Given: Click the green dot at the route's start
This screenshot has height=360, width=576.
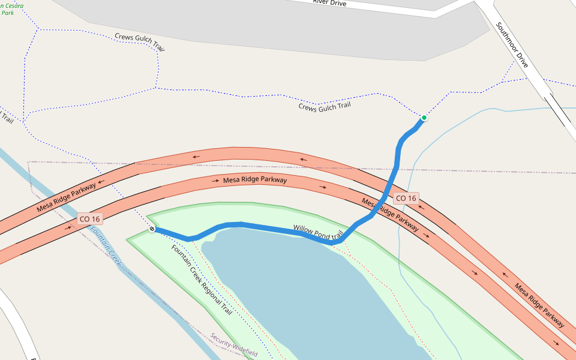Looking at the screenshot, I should click(x=424, y=118).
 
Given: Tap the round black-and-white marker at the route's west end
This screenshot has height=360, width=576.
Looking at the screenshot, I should click(x=152, y=229).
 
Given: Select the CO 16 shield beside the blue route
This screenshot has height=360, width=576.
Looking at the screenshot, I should click(x=406, y=198).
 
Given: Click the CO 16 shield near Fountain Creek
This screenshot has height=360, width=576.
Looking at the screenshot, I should click(x=89, y=219).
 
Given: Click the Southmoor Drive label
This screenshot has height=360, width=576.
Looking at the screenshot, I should click(x=512, y=45).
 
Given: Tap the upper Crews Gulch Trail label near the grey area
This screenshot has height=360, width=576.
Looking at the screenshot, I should click(x=139, y=41).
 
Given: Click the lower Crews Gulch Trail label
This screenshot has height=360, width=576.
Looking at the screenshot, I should click(x=324, y=106).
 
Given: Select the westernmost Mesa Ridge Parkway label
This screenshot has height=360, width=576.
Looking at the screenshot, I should click(x=66, y=197).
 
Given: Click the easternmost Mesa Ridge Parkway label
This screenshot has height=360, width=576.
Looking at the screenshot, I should click(x=539, y=305).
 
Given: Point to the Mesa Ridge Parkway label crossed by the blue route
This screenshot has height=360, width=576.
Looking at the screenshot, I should click(x=390, y=214).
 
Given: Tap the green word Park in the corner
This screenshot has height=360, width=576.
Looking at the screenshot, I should click(x=7, y=13).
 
